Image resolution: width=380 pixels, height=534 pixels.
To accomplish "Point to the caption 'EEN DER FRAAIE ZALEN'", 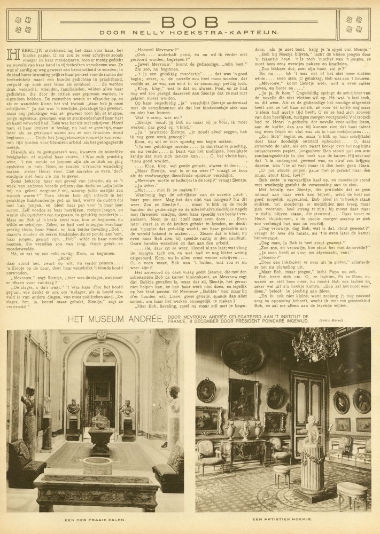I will click(x=95, y=520).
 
